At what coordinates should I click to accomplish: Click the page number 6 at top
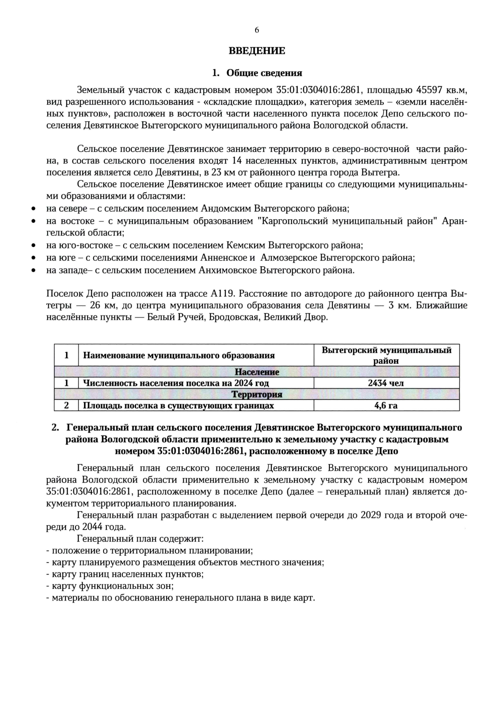(x=257, y=30)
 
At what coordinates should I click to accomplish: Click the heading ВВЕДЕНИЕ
(x=257, y=51)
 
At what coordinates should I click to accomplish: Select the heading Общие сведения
(x=264, y=73)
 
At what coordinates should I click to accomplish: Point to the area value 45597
(x=430, y=90)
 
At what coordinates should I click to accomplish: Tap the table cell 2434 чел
(x=386, y=383)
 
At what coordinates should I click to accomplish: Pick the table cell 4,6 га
(x=386, y=405)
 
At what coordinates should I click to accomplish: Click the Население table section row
(x=257, y=372)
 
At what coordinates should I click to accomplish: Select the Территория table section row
(x=257, y=394)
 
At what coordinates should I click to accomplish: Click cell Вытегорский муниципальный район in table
(x=386, y=355)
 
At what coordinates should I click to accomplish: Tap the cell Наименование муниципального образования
(x=179, y=356)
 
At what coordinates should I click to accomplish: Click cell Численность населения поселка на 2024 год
(x=176, y=383)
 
